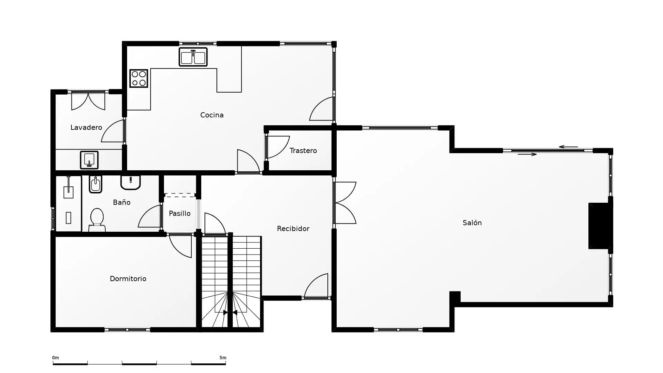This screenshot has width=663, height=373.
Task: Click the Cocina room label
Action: (212, 115)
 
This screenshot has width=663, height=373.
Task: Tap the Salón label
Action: (472, 223)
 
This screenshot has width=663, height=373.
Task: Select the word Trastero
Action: (303, 151)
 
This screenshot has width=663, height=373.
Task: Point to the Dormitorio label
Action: (128, 279)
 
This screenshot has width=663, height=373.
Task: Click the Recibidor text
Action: (293, 229)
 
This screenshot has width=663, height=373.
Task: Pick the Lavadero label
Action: (86, 127)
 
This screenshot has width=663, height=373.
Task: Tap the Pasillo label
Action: (180, 213)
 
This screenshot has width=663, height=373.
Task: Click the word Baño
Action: (122, 202)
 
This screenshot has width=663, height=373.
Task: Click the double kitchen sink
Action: (193, 57)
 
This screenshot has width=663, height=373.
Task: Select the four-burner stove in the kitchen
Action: (139, 78)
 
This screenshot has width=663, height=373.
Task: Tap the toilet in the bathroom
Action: (97, 220)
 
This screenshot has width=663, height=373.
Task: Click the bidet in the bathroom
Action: (96, 184)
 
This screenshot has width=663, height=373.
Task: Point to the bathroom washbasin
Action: (131, 182)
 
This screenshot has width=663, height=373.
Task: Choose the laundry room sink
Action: (89, 160)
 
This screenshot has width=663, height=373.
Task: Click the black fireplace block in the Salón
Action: (600, 226)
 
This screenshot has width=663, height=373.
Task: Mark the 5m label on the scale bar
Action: (223, 358)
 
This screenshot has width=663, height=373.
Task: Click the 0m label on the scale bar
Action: (56, 358)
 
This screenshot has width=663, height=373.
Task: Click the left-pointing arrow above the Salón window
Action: (568, 147)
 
